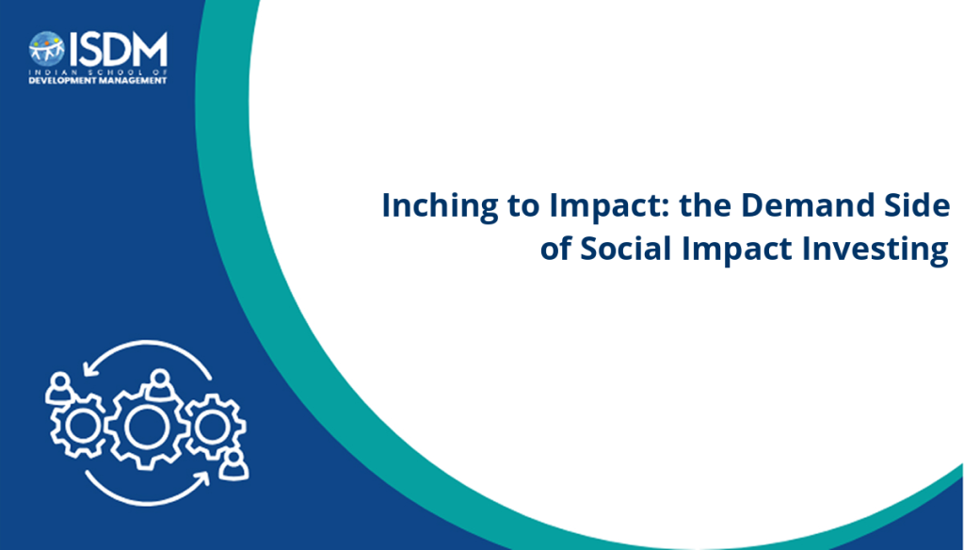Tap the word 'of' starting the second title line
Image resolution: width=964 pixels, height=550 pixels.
(x=555, y=248)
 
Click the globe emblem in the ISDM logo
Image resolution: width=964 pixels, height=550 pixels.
(x=46, y=49)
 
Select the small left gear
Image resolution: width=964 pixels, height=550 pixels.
(x=79, y=426)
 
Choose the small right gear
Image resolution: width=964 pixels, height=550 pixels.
(x=215, y=426)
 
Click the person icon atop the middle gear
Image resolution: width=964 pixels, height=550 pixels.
(x=160, y=384)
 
